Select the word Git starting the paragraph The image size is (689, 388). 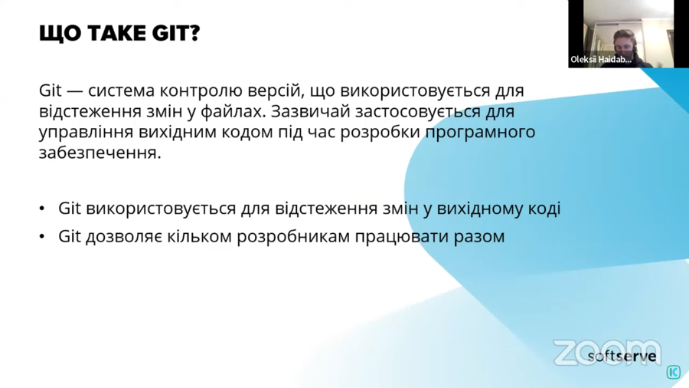(x=50, y=90)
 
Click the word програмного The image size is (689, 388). (x=480, y=133)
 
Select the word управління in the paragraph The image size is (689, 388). (x=86, y=133)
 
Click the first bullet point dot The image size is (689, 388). (x=42, y=209)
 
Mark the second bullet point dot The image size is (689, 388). (x=42, y=237)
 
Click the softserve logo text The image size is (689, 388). (x=622, y=356)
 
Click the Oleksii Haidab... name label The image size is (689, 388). (x=601, y=60)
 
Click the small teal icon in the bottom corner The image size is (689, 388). (x=674, y=372)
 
